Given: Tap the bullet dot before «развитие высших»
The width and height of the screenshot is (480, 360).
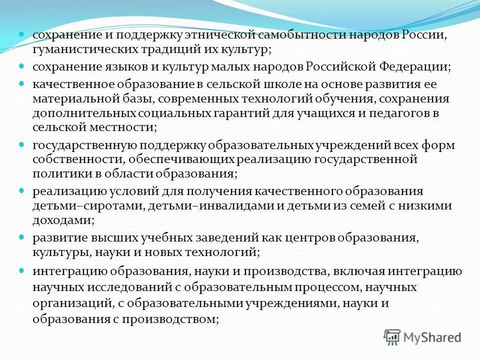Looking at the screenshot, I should click(22, 237).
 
